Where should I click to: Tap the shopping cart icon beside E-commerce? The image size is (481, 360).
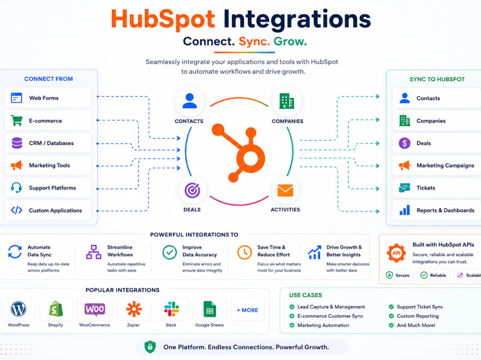coord(16,121)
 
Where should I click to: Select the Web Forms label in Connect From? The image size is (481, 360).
coord(44,98)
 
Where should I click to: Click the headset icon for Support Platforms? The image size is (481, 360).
coord(16,187)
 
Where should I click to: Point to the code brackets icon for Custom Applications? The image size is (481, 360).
coord(16,210)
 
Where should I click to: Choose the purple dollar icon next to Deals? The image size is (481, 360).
coord(405,143)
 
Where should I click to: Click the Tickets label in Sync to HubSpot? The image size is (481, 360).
coord(426,188)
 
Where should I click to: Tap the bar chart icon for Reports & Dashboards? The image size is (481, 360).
coord(405,210)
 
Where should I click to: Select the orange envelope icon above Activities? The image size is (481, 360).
coord(285,190)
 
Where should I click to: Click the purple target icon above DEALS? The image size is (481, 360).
coord(192,190)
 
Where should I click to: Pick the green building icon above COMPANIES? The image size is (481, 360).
coord(287,101)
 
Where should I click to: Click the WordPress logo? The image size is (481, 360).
coord(18,309)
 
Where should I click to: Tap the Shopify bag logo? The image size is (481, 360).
coord(56,309)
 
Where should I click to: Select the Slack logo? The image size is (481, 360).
coord(172,309)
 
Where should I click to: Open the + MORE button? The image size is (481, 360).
coord(248,310)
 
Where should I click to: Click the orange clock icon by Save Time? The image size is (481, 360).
coord(244,252)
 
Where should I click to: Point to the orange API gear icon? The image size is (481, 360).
coord(396,253)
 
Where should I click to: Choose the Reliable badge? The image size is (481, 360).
coord(433,275)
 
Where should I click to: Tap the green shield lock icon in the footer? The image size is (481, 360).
coord(150,347)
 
